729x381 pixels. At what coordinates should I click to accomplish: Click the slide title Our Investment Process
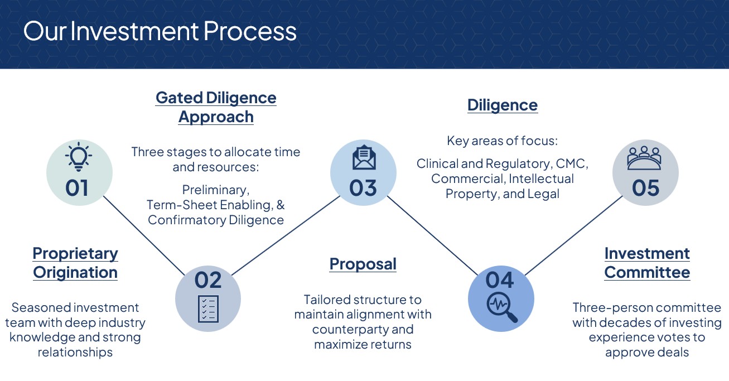pyautogui.click(x=160, y=31)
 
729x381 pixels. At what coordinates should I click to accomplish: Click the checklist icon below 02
pyautogui.click(x=208, y=308)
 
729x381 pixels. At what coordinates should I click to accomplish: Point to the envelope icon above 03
pyautogui.click(x=364, y=158)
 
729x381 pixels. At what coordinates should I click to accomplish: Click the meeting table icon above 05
pyautogui.click(x=645, y=158)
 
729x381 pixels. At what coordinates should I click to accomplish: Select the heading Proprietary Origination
pyautogui.click(x=75, y=263)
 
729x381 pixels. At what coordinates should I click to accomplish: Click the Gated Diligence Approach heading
pyautogui.click(x=216, y=107)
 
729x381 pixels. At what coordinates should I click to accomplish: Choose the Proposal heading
pyautogui.click(x=363, y=264)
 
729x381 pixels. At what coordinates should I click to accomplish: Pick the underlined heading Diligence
pyautogui.click(x=503, y=105)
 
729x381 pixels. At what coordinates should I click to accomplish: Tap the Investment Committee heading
pyautogui.click(x=647, y=263)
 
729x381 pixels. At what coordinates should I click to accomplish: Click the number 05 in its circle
pyautogui.click(x=645, y=188)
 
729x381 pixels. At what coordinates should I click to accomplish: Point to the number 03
pyautogui.click(x=363, y=188)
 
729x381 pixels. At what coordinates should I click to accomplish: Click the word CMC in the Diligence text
pyautogui.click(x=572, y=164)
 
